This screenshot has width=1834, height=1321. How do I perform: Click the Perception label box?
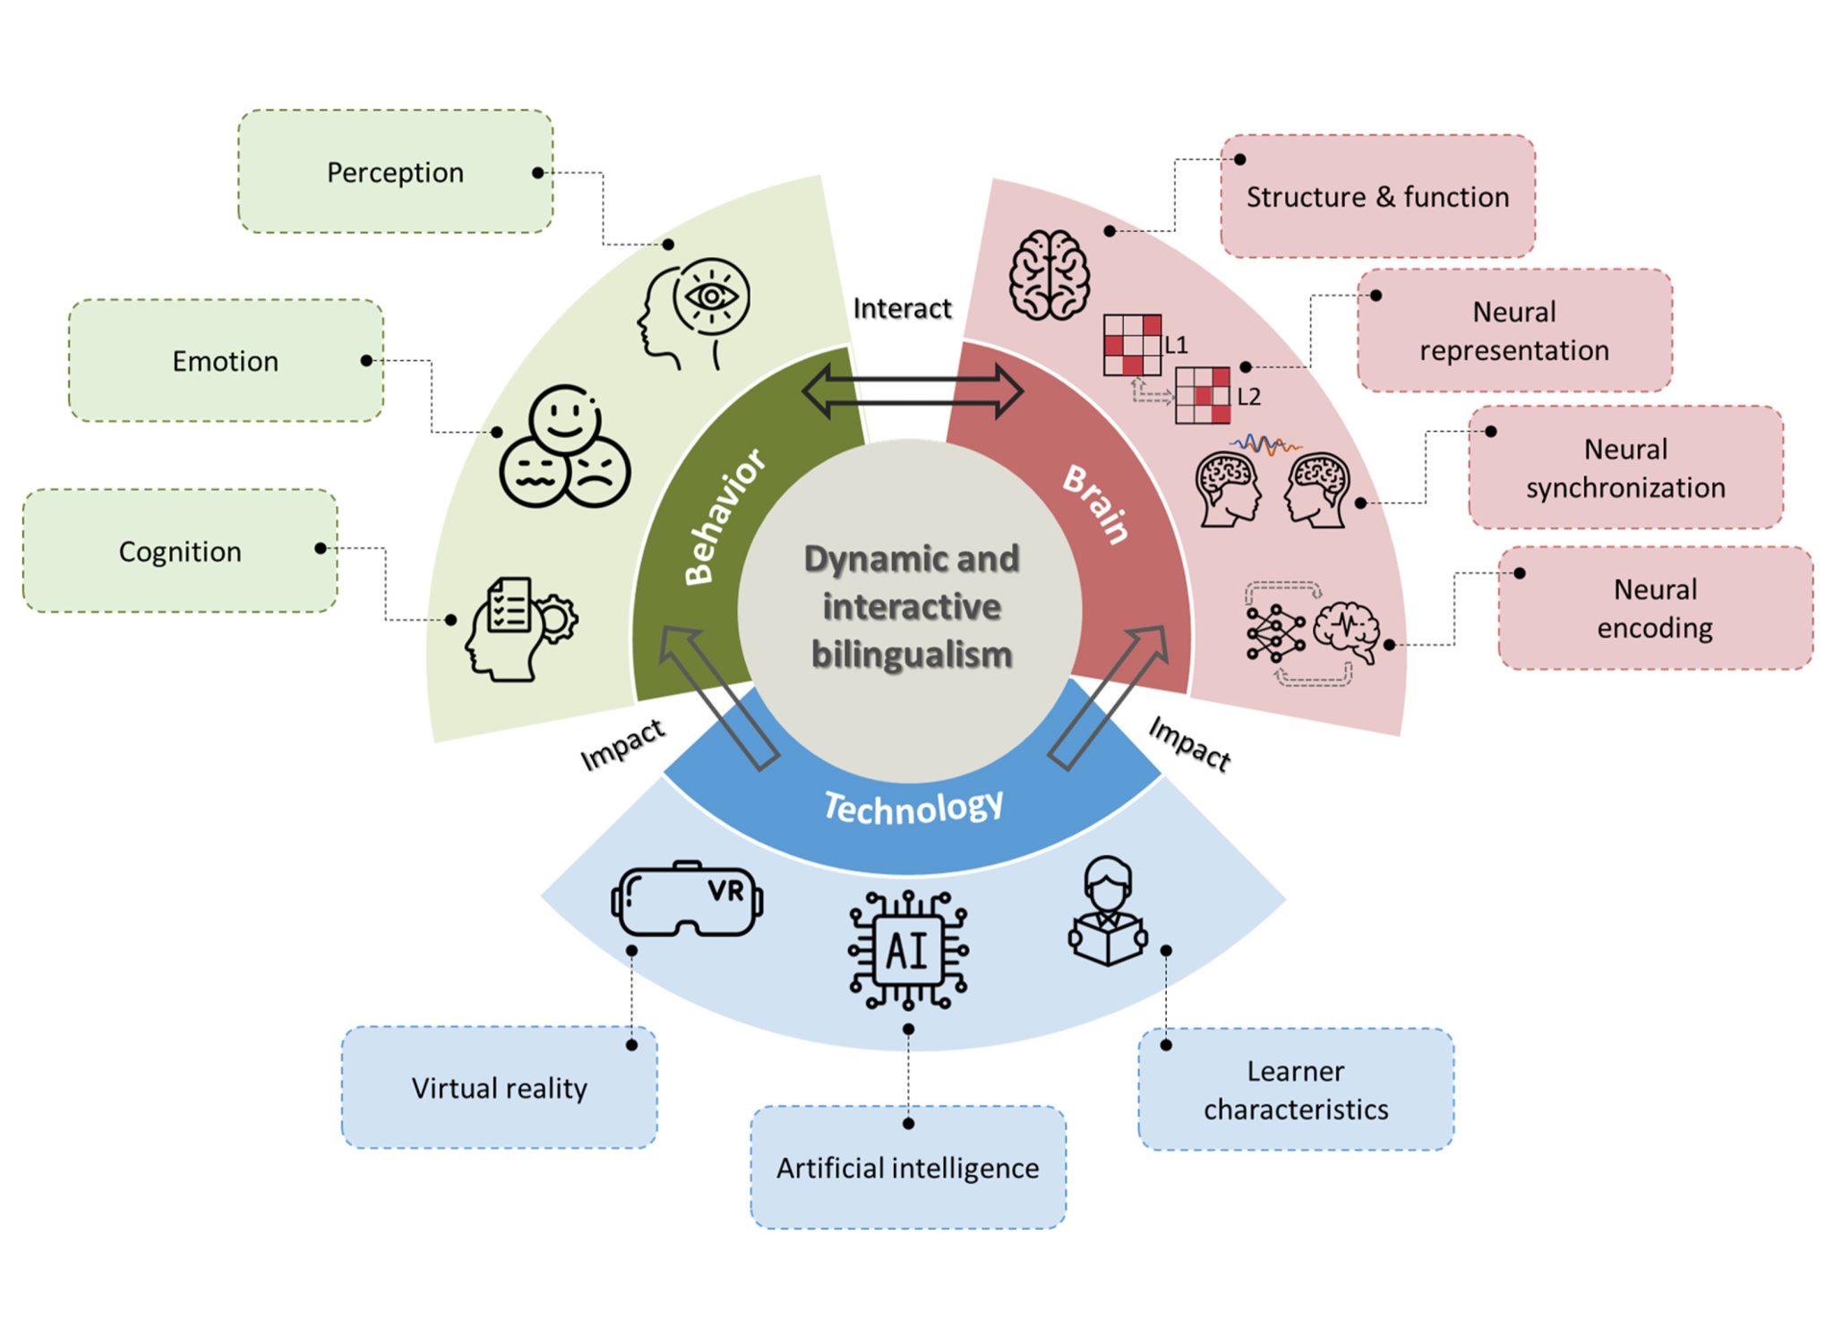(395, 172)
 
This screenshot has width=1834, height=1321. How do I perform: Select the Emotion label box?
(226, 361)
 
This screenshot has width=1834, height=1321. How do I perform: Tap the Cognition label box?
(180, 551)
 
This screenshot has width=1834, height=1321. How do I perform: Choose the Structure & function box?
(1377, 197)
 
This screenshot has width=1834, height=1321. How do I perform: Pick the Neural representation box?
(1513, 330)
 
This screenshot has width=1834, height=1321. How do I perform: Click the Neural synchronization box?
(1625, 467)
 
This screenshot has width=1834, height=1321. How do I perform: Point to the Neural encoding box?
(1655, 608)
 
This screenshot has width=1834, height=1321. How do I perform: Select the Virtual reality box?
(499, 1087)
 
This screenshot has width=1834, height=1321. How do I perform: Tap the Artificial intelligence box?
(908, 1167)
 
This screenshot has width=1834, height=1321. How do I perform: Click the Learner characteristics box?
(1295, 1089)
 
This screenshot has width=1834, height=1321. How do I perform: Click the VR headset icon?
(687, 899)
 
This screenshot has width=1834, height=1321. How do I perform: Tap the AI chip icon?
(908, 950)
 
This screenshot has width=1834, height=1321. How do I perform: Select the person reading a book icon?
(1108, 913)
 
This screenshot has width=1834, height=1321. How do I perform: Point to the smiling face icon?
(564, 419)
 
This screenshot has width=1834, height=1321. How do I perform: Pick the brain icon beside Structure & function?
(1049, 275)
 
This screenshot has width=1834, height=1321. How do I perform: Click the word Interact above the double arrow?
(902, 308)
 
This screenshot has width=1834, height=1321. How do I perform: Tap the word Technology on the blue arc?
(913, 807)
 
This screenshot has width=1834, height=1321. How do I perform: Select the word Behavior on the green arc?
(724, 517)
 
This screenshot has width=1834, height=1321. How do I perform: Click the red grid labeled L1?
(1132, 345)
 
